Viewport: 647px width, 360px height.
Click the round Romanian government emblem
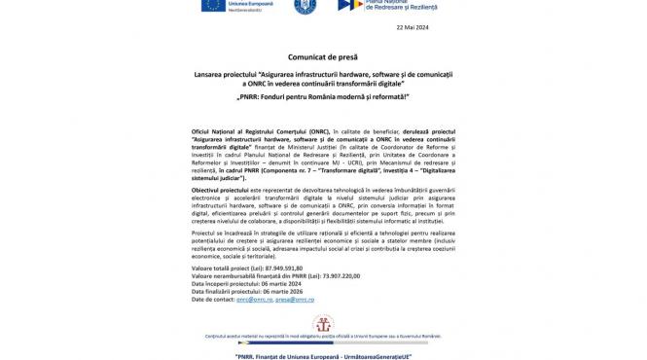click(x=302, y=6)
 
